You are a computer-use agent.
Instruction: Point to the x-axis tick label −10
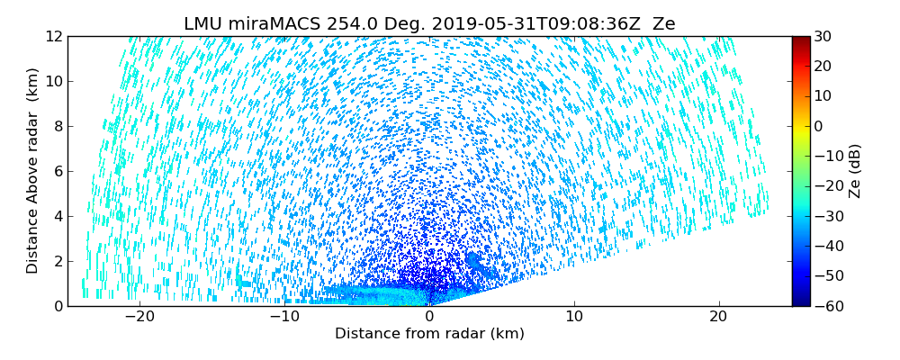pyautogui.click(x=284, y=317)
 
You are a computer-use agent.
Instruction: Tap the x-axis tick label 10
pyautogui.click(x=574, y=317)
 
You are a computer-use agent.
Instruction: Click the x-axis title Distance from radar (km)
pyautogui.click(x=429, y=334)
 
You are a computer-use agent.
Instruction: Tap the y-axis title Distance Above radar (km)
pyautogui.click(x=33, y=171)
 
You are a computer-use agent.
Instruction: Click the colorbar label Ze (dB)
pyautogui.click(x=855, y=171)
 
